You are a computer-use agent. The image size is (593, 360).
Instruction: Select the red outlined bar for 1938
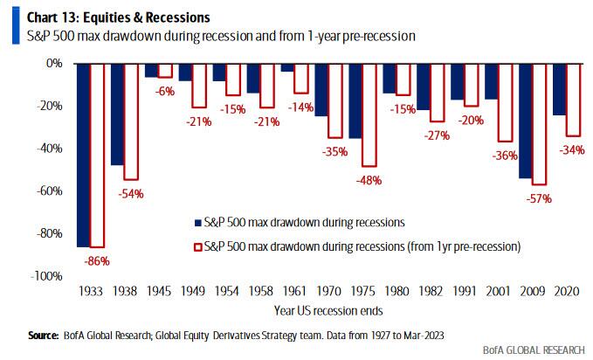click(x=130, y=121)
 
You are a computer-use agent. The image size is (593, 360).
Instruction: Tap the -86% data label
click(x=97, y=260)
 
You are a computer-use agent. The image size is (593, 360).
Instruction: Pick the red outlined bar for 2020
click(x=571, y=100)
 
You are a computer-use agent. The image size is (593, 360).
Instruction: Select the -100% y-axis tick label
click(x=51, y=276)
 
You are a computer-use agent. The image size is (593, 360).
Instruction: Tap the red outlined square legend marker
click(x=197, y=246)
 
